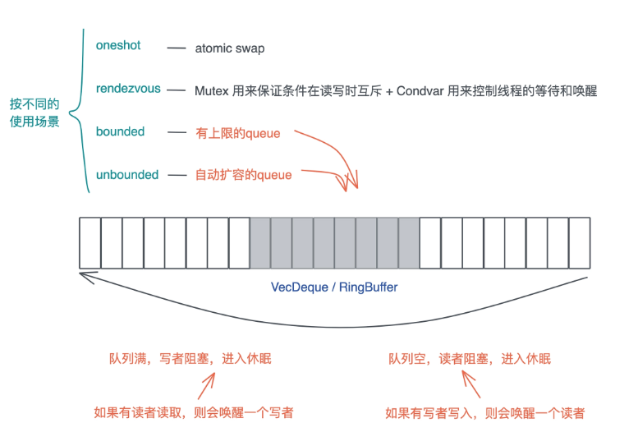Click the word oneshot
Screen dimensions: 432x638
118,45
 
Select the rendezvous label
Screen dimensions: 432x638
128,88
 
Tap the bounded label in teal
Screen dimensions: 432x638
120,131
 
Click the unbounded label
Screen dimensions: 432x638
127,175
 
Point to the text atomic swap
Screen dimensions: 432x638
230,48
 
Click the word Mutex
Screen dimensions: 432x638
212,91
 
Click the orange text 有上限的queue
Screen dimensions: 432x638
238,132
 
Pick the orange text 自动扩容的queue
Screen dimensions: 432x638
243,175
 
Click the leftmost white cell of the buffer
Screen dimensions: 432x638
90,243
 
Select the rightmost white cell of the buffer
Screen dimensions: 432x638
580,243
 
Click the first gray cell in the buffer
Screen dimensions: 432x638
260,243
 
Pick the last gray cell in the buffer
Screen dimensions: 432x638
409,243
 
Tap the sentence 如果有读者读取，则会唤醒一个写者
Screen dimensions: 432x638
194,412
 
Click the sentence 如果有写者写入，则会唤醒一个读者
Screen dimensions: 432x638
485,412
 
